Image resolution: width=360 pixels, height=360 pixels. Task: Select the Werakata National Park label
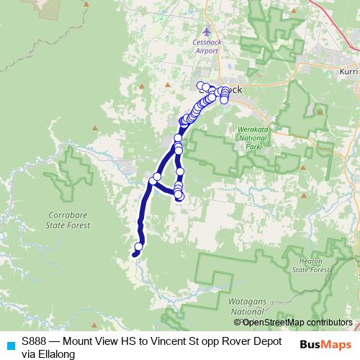(252, 137)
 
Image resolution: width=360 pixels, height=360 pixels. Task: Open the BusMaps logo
(325, 344)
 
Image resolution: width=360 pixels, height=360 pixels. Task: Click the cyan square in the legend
(10, 345)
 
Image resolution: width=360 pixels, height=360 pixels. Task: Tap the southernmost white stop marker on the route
(139, 247)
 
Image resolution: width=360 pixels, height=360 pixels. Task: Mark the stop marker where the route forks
(156, 177)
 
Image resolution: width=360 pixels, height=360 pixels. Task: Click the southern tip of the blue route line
(134, 253)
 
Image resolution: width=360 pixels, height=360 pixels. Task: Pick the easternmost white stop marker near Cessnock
(226, 91)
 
